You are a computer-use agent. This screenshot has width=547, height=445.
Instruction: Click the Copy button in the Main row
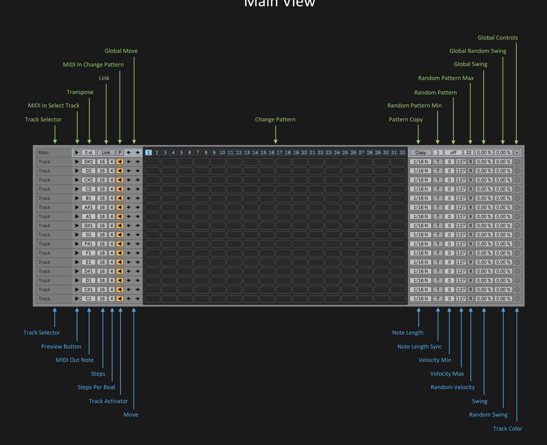tap(420, 153)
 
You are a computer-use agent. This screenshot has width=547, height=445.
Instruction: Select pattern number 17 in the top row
tap(279, 153)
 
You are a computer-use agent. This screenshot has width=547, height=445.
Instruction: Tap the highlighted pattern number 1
tap(148, 153)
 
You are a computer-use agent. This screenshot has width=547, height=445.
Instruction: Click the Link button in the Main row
tap(106, 153)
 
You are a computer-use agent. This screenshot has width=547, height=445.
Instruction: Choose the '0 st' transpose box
tap(88, 153)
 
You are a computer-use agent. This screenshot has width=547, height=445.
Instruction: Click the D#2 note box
tap(88, 162)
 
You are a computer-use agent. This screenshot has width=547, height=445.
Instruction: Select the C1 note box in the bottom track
tap(88, 299)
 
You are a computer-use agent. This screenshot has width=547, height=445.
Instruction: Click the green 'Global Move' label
tap(121, 51)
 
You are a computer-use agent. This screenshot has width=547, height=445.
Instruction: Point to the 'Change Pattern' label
tap(275, 119)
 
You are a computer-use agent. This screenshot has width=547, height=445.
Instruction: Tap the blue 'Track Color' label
tap(507, 429)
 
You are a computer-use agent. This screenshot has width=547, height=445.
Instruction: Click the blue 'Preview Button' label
tap(61, 347)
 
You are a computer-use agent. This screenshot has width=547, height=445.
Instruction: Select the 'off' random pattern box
tap(453, 153)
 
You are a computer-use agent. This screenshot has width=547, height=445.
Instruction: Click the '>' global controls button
tap(517, 153)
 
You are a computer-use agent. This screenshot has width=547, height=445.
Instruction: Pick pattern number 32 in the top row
tap(402, 153)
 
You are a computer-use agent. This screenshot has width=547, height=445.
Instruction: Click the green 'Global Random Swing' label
tap(477, 51)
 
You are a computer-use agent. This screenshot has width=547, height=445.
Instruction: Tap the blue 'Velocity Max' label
tap(447, 374)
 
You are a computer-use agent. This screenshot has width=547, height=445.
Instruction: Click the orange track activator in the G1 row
tap(120, 235)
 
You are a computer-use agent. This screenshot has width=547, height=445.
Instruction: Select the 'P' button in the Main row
tap(120, 153)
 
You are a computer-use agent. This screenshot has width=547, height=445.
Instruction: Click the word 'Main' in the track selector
tap(44, 153)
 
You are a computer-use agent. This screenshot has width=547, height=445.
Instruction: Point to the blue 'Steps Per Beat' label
tap(96, 387)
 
